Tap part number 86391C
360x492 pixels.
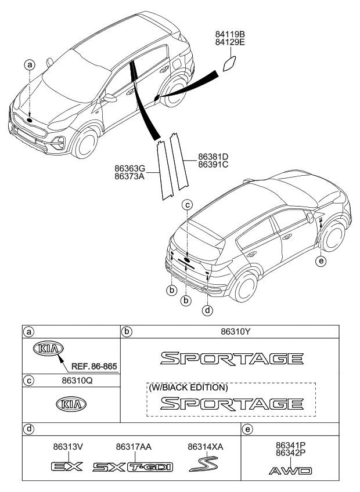point(213,164)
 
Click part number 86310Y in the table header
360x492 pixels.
point(232,331)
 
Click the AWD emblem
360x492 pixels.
point(290,471)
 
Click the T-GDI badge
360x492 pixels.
point(150,467)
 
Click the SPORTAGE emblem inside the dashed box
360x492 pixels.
point(232,403)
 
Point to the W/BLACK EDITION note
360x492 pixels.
point(188,387)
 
